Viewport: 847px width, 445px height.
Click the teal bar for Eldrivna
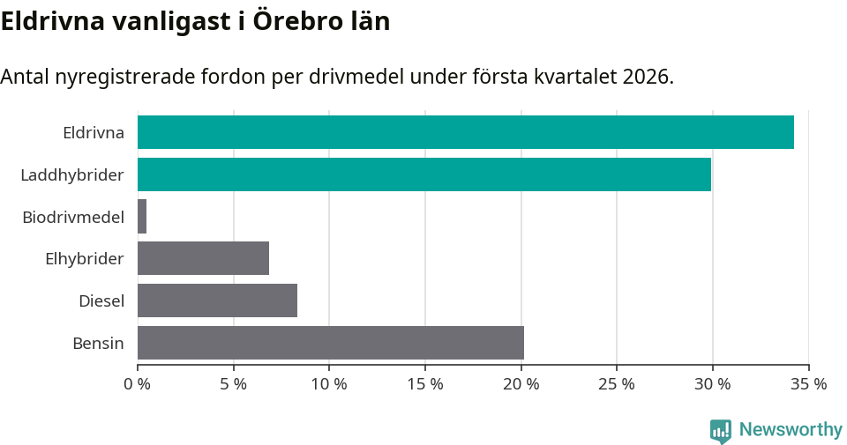465,132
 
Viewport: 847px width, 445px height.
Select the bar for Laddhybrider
423,174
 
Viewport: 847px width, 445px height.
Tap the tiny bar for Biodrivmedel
142,217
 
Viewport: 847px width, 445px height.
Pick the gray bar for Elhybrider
203,259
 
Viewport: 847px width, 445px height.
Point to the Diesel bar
217,300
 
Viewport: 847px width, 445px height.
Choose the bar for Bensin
331,343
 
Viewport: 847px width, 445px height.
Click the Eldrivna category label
93,133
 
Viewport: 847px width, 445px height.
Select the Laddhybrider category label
72,175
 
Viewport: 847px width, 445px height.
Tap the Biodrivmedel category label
73,217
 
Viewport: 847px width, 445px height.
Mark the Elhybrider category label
85,259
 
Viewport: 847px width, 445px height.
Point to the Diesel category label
101,301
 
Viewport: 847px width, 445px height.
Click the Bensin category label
98,343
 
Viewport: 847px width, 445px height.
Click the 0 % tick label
138,384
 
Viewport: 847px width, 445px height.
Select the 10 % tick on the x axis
329,384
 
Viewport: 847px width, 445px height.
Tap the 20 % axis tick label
521,384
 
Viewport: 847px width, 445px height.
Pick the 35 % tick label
808,384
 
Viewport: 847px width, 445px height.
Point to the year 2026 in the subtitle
647,77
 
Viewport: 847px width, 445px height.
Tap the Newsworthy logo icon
721,431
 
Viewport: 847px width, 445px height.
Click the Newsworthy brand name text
791,430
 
